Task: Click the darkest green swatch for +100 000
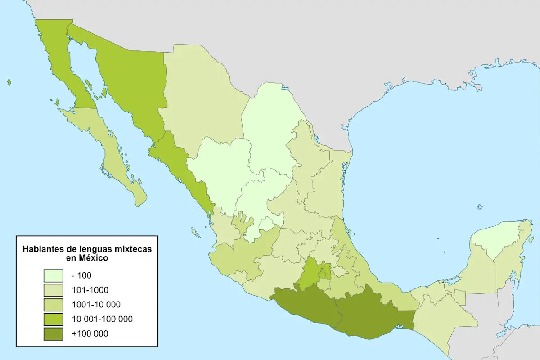pyautogui.click(x=53, y=333)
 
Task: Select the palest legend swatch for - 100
pyautogui.click(x=53, y=275)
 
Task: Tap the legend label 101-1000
pyautogui.click(x=90, y=290)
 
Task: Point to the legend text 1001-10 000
pyautogui.click(x=95, y=304)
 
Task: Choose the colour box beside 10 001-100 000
pyautogui.click(x=53, y=319)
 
